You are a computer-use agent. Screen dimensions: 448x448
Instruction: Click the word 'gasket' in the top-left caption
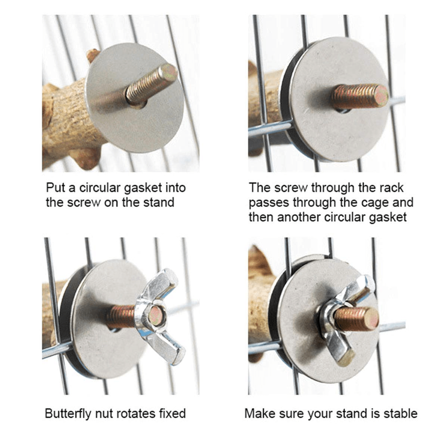click(x=143, y=188)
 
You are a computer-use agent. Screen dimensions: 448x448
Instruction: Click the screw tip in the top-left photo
click(x=169, y=72)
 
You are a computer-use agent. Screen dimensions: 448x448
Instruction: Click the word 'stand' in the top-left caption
click(x=159, y=202)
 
